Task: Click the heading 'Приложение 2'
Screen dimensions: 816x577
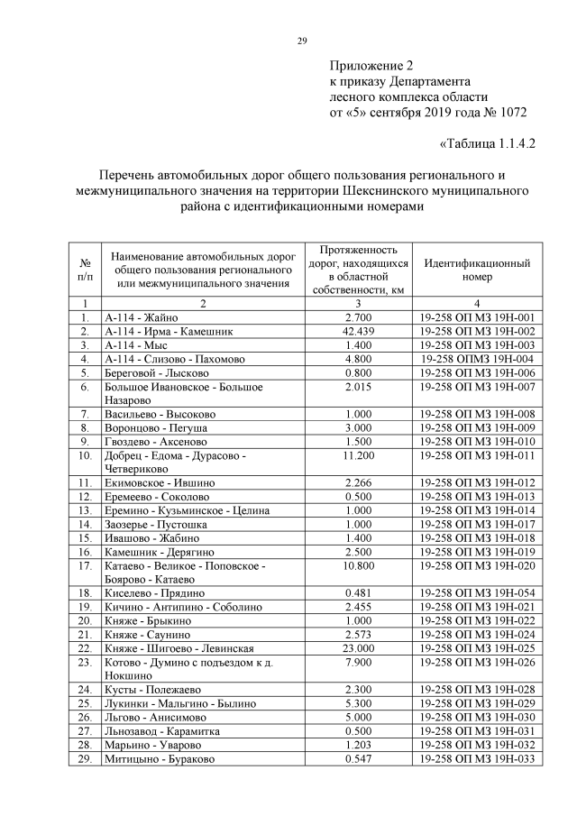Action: [x=371, y=65]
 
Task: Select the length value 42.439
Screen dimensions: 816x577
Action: [x=358, y=331]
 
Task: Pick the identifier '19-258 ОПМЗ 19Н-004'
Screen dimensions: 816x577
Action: [x=477, y=358]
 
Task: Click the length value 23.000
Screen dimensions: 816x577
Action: [x=358, y=647]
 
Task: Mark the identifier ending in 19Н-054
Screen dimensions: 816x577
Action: [x=477, y=592]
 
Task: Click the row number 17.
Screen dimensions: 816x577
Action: [x=85, y=565]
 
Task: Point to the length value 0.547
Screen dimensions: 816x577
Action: [x=358, y=758]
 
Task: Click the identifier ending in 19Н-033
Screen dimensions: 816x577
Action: [x=477, y=758]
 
